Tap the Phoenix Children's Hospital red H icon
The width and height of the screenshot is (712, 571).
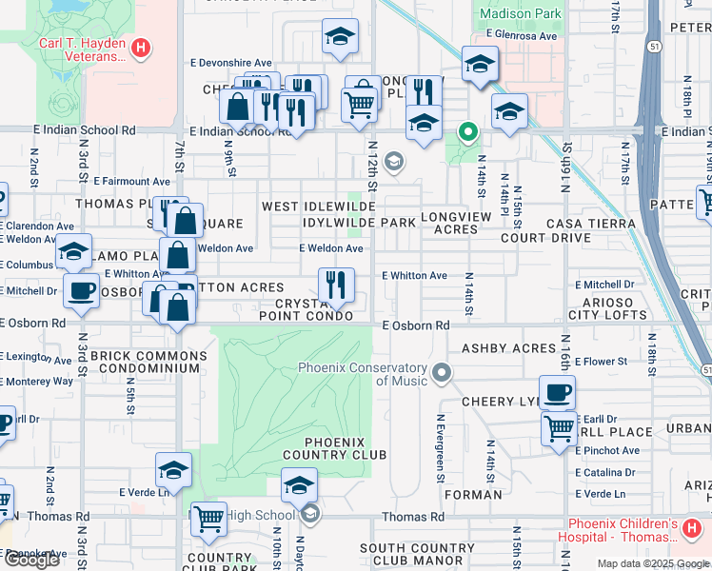click(692, 527)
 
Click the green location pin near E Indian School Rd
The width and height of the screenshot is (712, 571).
click(467, 132)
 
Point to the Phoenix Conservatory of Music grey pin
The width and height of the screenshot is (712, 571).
click(440, 370)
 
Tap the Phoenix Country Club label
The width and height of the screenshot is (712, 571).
click(345, 448)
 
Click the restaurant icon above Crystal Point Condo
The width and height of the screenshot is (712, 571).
click(335, 285)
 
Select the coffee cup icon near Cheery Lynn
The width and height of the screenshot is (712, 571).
click(557, 391)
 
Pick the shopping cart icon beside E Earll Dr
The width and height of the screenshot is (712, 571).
click(559, 427)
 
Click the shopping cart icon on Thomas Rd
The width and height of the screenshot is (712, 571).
click(208, 520)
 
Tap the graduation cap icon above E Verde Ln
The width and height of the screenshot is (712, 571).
click(173, 469)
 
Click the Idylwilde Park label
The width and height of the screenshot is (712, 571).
click(359, 223)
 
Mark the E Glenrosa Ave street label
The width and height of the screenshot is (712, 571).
click(521, 35)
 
